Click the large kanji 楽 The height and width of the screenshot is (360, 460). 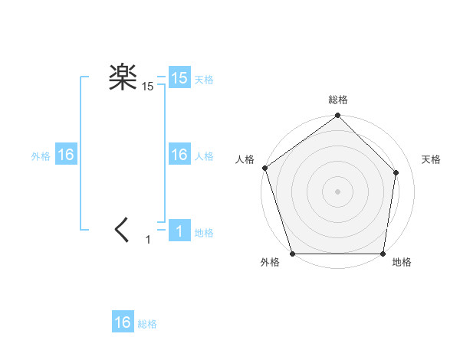coord(122,77)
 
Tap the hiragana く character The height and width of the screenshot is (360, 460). coord(122,229)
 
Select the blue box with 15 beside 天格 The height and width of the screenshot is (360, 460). coord(179,78)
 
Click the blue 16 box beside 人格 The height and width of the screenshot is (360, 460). coord(179,155)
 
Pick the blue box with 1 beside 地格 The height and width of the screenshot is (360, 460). coord(179,231)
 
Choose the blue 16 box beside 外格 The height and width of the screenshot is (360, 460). coord(65,155)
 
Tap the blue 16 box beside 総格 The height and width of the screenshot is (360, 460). coord(123,322)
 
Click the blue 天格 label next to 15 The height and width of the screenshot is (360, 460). coord(204,79)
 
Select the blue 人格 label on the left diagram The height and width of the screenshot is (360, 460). coord(204,155)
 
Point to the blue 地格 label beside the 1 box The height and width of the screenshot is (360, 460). coord(204,232)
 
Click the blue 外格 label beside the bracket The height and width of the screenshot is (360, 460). coord(41,155)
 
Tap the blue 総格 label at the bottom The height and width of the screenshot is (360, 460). coord(147,324)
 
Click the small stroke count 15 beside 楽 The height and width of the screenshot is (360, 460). coord(147,87)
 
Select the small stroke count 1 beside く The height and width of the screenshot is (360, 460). coord(148,240)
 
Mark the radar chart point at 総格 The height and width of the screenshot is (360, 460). coord(338,117)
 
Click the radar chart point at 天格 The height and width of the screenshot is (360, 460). coord(397,172)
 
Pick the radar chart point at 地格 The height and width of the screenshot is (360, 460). coord(383,254)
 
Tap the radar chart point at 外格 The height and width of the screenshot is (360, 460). coord(293,254)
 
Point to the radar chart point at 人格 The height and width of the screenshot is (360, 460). coord(264,168)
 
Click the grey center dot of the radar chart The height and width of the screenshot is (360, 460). coord(338,191)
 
